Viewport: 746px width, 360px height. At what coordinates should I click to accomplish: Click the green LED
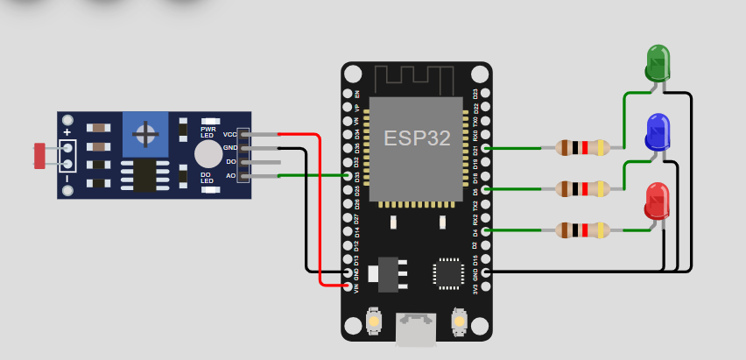(658, 64)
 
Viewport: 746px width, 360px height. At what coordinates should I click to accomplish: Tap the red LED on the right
(657, 201)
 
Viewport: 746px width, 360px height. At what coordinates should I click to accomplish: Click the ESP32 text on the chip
(415, 138)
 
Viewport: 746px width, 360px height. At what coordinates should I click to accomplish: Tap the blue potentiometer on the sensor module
(144, 134)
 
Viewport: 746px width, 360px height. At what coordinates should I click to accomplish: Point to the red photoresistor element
(39, 156)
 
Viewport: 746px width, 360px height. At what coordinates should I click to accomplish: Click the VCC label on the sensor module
(230, 134)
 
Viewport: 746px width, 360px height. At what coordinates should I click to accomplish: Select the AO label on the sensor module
(231, 177)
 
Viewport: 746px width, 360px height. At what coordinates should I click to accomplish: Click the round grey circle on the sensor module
(208, 153)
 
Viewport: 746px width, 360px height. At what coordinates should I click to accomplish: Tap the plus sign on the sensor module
(67, 132)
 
